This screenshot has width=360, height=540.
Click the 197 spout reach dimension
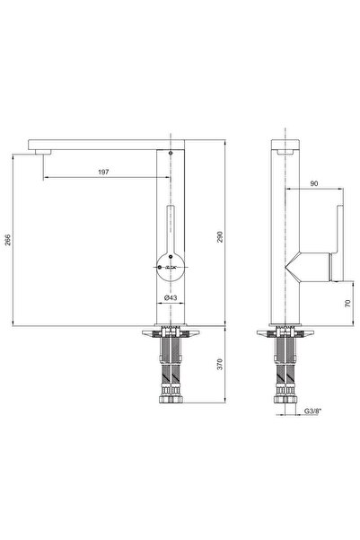click(x=106, y=172)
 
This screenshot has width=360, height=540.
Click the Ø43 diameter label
click(x=171, y=297)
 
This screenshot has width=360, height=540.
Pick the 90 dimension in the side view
click(x=314, y=183)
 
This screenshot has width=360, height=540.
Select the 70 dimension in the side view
click(x=347, y=303)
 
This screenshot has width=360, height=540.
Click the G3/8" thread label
click(x=312, y=412)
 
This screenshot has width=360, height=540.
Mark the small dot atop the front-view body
click(x=171, y=154)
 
